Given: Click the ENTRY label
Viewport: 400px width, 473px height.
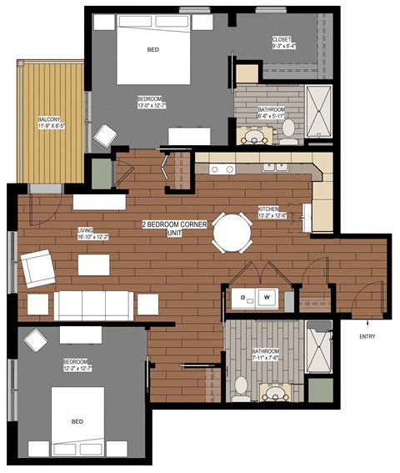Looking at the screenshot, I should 367,336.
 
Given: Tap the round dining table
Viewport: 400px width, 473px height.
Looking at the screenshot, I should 232,232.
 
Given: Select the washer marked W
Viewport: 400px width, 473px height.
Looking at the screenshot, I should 267,297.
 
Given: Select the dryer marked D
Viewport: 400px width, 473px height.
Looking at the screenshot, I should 242,297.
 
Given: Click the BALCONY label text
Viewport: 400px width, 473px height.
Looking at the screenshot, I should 47,123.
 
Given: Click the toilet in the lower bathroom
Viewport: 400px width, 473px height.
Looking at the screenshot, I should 241,386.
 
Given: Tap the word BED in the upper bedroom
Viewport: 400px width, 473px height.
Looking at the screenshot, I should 152,50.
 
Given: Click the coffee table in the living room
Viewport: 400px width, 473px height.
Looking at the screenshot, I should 94,265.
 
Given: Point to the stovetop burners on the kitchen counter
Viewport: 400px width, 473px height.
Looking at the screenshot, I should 222,169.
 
